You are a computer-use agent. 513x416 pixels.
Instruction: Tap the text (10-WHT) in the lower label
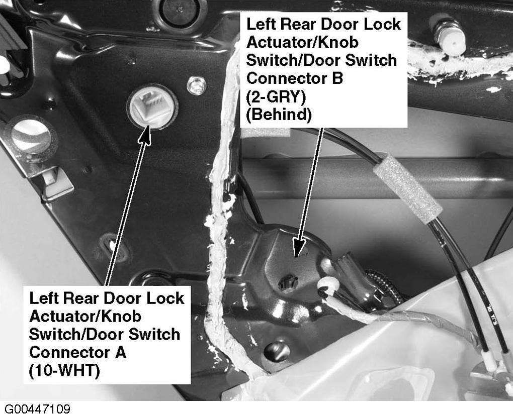pyautogui.click(x=64, y=371)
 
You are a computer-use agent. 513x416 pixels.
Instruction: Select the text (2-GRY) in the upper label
pyautogui.click(x=276, y=97)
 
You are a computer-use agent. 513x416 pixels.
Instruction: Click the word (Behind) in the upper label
pyautogui.click(x=279, y=115)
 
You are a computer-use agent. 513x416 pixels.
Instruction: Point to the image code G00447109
pyautogui.click(x=37, y=409)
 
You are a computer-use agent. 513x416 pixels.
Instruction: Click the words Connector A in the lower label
pyautogui.click(x=77, y=352)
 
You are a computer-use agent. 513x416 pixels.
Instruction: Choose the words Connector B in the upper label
pyautogui.click(x=294, y=78)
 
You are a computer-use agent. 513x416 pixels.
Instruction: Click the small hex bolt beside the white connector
pyautogui.click(x=196, y=85)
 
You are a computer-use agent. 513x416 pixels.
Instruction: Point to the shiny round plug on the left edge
pyautogui.click(x=31, y=136)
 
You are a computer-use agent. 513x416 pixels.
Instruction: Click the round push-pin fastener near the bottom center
pyautogui.click(x=277, y=352)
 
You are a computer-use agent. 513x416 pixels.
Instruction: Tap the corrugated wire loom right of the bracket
pyautogui.click(x=386, y=285)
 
